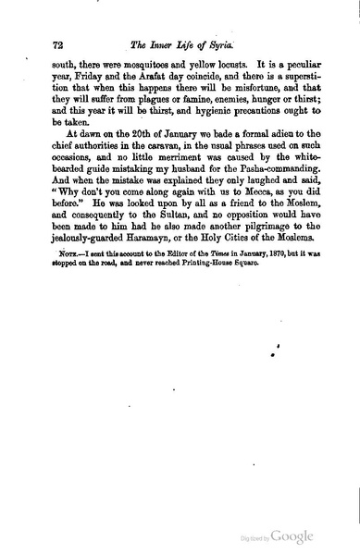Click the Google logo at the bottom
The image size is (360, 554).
point(292,537)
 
